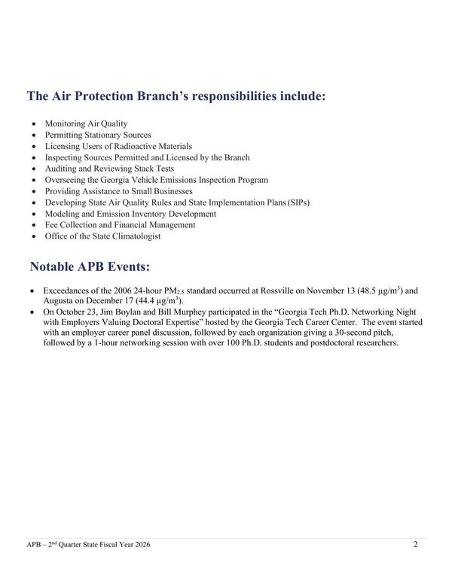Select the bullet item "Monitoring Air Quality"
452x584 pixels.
(86, 123)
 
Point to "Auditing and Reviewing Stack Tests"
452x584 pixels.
(109, 169)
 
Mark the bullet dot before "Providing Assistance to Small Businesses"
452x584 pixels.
(33, 192)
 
